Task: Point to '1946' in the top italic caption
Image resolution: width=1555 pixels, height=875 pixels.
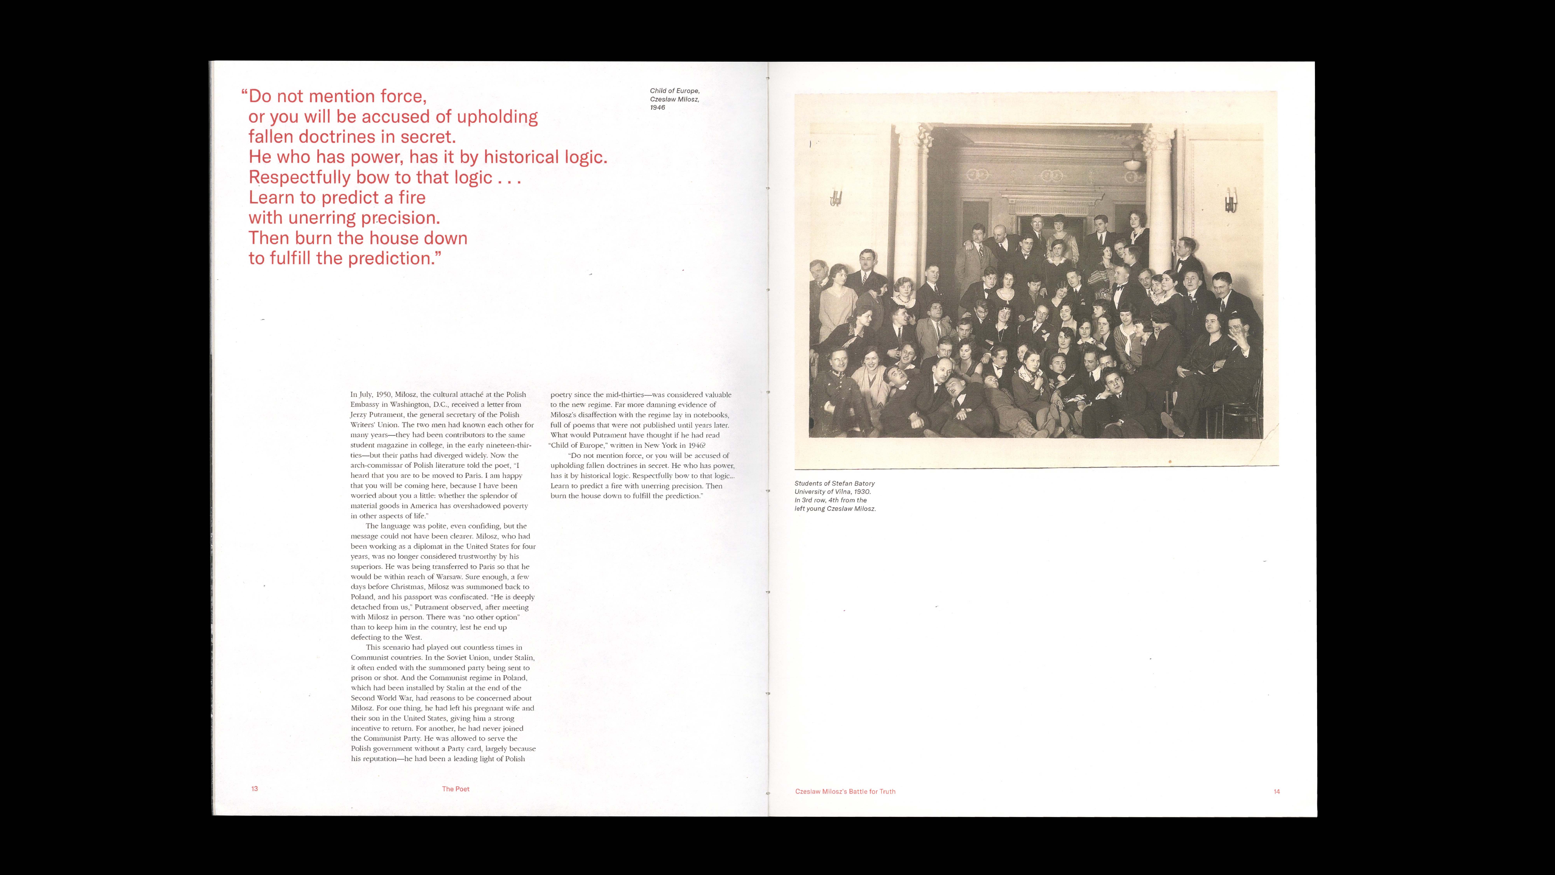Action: (x=657, y=108)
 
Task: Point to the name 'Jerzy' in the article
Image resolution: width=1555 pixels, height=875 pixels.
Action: (x=360, y=415)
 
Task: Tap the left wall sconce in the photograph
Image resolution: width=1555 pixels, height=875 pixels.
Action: (x=836, y=198)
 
